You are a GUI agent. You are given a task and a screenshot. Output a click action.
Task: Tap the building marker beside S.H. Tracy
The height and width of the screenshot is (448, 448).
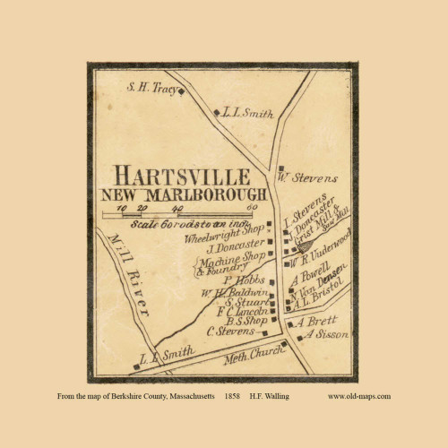pyautogui.click(x=182, y=90)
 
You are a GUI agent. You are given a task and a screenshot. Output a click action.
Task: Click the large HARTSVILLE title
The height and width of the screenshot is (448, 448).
pyautogui.click(x=188, y=175)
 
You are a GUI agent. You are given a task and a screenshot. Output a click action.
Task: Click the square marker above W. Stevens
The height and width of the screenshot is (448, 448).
pyautogui.click(x=280, y=166)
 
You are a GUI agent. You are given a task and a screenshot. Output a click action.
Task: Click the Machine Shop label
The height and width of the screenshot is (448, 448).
pyautogui.click(x=228, y=259)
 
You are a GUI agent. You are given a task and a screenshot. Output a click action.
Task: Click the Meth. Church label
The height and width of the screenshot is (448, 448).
pyautogui.click(x=249, y=353)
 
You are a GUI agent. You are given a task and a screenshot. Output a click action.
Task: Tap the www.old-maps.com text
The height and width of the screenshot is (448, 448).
pyautogui.click(x=359, y=395)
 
